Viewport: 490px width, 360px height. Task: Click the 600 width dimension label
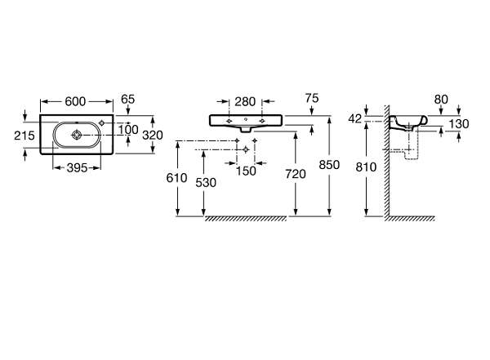[75, 101]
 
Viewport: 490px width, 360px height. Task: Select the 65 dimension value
[127, 100]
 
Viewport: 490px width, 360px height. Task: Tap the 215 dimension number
[24, 136]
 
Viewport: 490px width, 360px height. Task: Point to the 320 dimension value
[153, 136]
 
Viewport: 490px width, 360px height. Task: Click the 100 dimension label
[127, 129]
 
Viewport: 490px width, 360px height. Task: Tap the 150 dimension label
[246, 170]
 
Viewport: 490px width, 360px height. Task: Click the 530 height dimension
[207, 184]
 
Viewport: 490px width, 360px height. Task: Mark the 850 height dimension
[329, 164]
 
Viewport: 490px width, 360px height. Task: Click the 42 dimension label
[354, 119]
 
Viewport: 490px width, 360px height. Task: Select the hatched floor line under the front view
[245, 219]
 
